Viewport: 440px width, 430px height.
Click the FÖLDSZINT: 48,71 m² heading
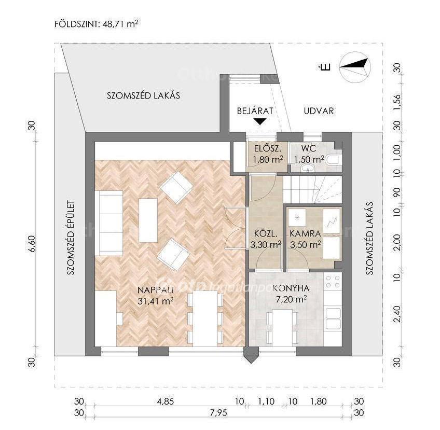(97, 23)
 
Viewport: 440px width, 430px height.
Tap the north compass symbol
(355, 67)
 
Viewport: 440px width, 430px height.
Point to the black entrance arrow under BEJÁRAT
(260, 121)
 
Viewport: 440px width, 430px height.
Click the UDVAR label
(319, 111)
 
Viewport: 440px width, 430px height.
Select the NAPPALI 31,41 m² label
(156, 295)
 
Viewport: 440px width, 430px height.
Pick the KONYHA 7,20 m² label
(291, 294)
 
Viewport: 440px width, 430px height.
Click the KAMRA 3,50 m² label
(305, 239)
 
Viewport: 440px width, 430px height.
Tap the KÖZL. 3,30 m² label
(266, 239)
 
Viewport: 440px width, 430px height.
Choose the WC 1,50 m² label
(309, 154)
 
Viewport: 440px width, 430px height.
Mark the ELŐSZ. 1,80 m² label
(267, 154)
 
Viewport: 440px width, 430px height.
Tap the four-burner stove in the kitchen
(333, 282)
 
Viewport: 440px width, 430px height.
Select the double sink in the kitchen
(333, 318)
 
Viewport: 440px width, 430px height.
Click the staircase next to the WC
(312, 189)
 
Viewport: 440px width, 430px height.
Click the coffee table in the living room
(148, 220)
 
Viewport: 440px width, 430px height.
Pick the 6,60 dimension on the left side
(32, 243)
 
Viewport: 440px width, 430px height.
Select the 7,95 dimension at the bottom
(218, 413)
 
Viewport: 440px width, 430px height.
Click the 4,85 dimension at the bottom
(166, 401)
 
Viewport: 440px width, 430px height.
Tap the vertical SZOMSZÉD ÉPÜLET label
(71, 238)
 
